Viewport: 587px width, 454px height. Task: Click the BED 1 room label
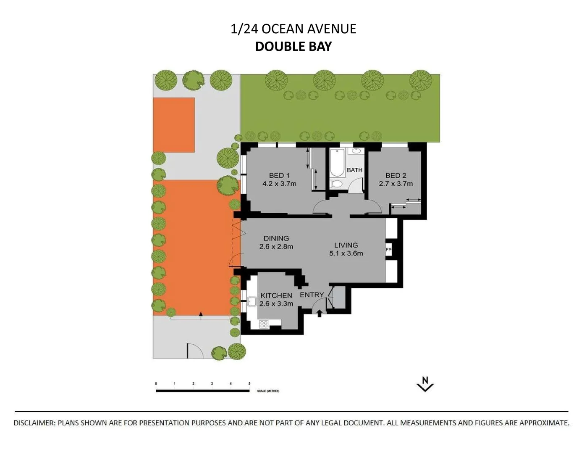click(279, 176)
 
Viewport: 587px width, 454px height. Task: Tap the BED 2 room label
click(396, 176)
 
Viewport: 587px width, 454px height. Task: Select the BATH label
click(354, 170)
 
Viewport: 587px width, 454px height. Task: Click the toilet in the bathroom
click(336, 184)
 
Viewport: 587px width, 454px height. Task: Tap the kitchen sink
click(252, 301)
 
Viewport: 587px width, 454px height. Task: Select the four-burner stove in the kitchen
click(264, 324)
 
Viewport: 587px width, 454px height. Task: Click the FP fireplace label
click(388, 250)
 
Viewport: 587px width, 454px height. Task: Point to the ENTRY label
click(312, 295)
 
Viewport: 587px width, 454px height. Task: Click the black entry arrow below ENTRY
click(320, 313)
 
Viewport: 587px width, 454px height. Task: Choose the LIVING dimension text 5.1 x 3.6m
click(346, 253)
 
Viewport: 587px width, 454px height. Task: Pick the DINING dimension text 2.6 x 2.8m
click(276, 247)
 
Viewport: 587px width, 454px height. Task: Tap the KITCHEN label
click(276, 296)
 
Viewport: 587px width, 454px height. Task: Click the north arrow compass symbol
click(425, 384)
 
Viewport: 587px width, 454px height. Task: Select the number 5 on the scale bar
click(249, 384)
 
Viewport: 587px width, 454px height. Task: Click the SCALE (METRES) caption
click(268, 391)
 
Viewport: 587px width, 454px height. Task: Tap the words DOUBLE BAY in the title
click(293, 46)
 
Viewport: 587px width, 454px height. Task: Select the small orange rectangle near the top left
click(173, 125)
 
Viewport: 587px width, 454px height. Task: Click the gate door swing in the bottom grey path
click(194, 350)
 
